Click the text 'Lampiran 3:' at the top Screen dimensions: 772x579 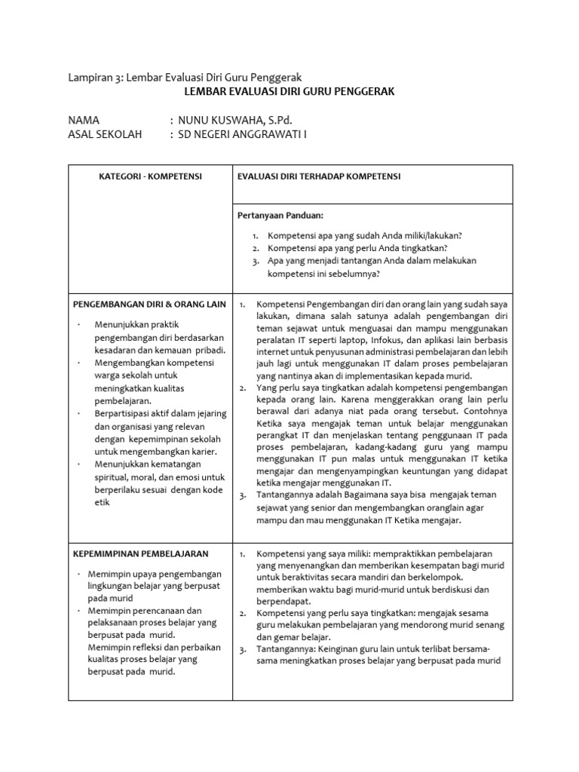point(95,78)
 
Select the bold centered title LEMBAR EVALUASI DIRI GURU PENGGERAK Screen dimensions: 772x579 point(289,91)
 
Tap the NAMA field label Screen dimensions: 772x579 point(84,121)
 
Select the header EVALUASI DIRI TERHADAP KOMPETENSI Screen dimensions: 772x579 point(319,176)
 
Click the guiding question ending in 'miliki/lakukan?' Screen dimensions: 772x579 point(365,235)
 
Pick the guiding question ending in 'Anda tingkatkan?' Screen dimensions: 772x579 point(357,247)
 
